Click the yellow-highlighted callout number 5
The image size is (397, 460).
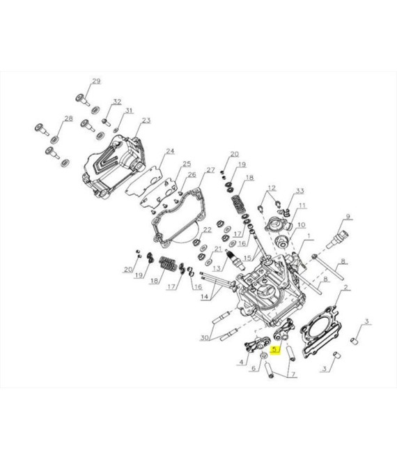(274, 349)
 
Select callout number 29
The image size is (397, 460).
(96, 82)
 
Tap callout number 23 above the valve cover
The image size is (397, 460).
(146, 120)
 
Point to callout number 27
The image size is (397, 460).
(210, 170)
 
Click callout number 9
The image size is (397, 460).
(348, 217)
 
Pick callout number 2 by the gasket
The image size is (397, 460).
(345, 287)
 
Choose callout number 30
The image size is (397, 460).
(204, 337)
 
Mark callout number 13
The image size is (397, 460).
(217, 268)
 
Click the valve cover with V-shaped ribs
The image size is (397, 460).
(113, 166)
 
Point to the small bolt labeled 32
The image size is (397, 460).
(106, 122)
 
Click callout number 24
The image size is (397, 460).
(170, 151)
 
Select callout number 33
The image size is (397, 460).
(299, 191)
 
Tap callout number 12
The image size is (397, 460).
(272, 187)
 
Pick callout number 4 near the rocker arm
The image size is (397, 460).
(241, 362)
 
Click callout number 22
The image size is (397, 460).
(208, 230)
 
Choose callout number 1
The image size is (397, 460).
(309, 236)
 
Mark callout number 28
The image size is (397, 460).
(68, 118)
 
